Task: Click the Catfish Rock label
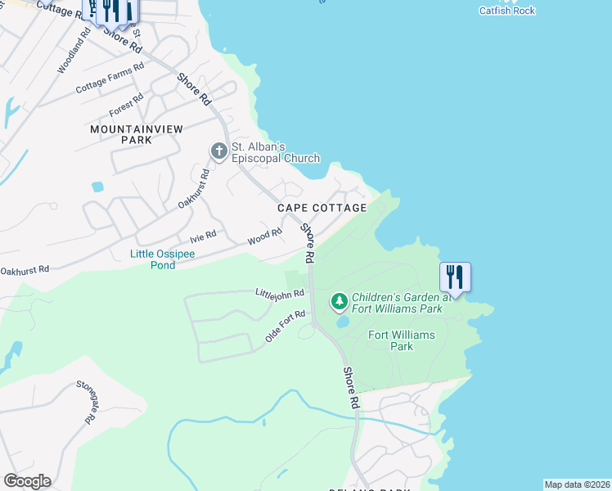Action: (506, 11)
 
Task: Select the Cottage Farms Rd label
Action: (110, 77)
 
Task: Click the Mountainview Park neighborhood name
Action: (121, 134)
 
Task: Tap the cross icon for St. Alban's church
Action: (218, 151)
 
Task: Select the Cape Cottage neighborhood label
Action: (322, 208)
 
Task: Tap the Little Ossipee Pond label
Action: (164, 259)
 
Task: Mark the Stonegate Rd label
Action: (87, 401)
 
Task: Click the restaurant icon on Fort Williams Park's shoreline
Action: (455, 277)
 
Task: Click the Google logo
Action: (27, 481)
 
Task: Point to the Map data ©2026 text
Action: (577, 484)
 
